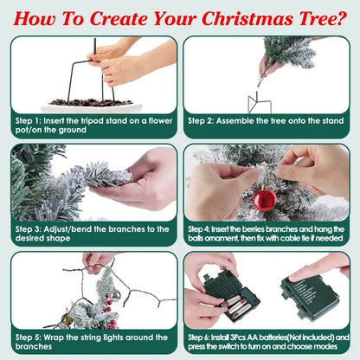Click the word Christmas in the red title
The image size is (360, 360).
[x=247, y=19]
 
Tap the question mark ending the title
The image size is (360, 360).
[x=341, y=19]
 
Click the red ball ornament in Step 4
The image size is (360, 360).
[x=265, y=198]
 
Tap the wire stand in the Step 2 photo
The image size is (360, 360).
[x=260, y=103]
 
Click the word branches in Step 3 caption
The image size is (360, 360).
[x=126, y=229]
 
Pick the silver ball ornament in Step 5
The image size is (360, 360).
[x=115, y=295]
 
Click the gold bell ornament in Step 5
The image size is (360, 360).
[x=67, y=319]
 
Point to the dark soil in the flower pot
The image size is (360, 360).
[x=91, y=102]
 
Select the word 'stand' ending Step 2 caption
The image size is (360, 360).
[x=331, y=121]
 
